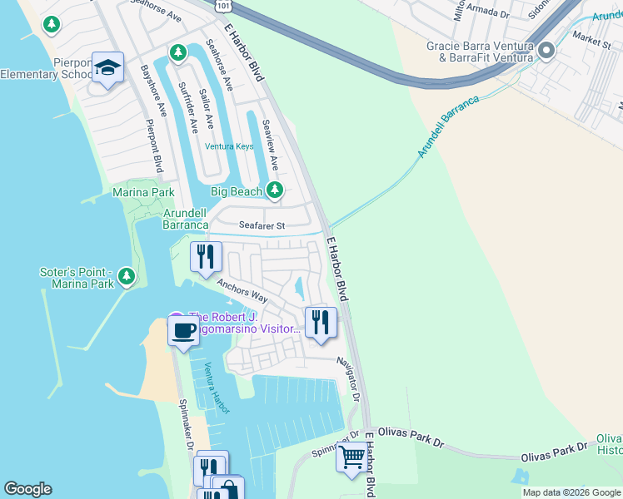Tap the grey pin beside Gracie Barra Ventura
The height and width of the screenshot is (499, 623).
click(546, 52)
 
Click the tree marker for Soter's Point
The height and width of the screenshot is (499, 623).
click(126, 275)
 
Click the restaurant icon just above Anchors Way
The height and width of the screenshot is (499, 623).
click(206, 257)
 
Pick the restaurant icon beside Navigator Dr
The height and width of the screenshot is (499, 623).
click(321, 322)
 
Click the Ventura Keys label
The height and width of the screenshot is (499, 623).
click(230, 146)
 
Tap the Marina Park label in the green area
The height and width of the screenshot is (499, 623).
click(143, 192)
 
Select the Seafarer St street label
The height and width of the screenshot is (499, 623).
click(262, 225)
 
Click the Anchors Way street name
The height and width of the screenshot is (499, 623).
click(242, 290)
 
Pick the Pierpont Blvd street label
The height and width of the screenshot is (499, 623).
click(154, 146)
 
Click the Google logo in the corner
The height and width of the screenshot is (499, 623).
click(27, 489)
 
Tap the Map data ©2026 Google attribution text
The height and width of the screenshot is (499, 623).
click(571, 492)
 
